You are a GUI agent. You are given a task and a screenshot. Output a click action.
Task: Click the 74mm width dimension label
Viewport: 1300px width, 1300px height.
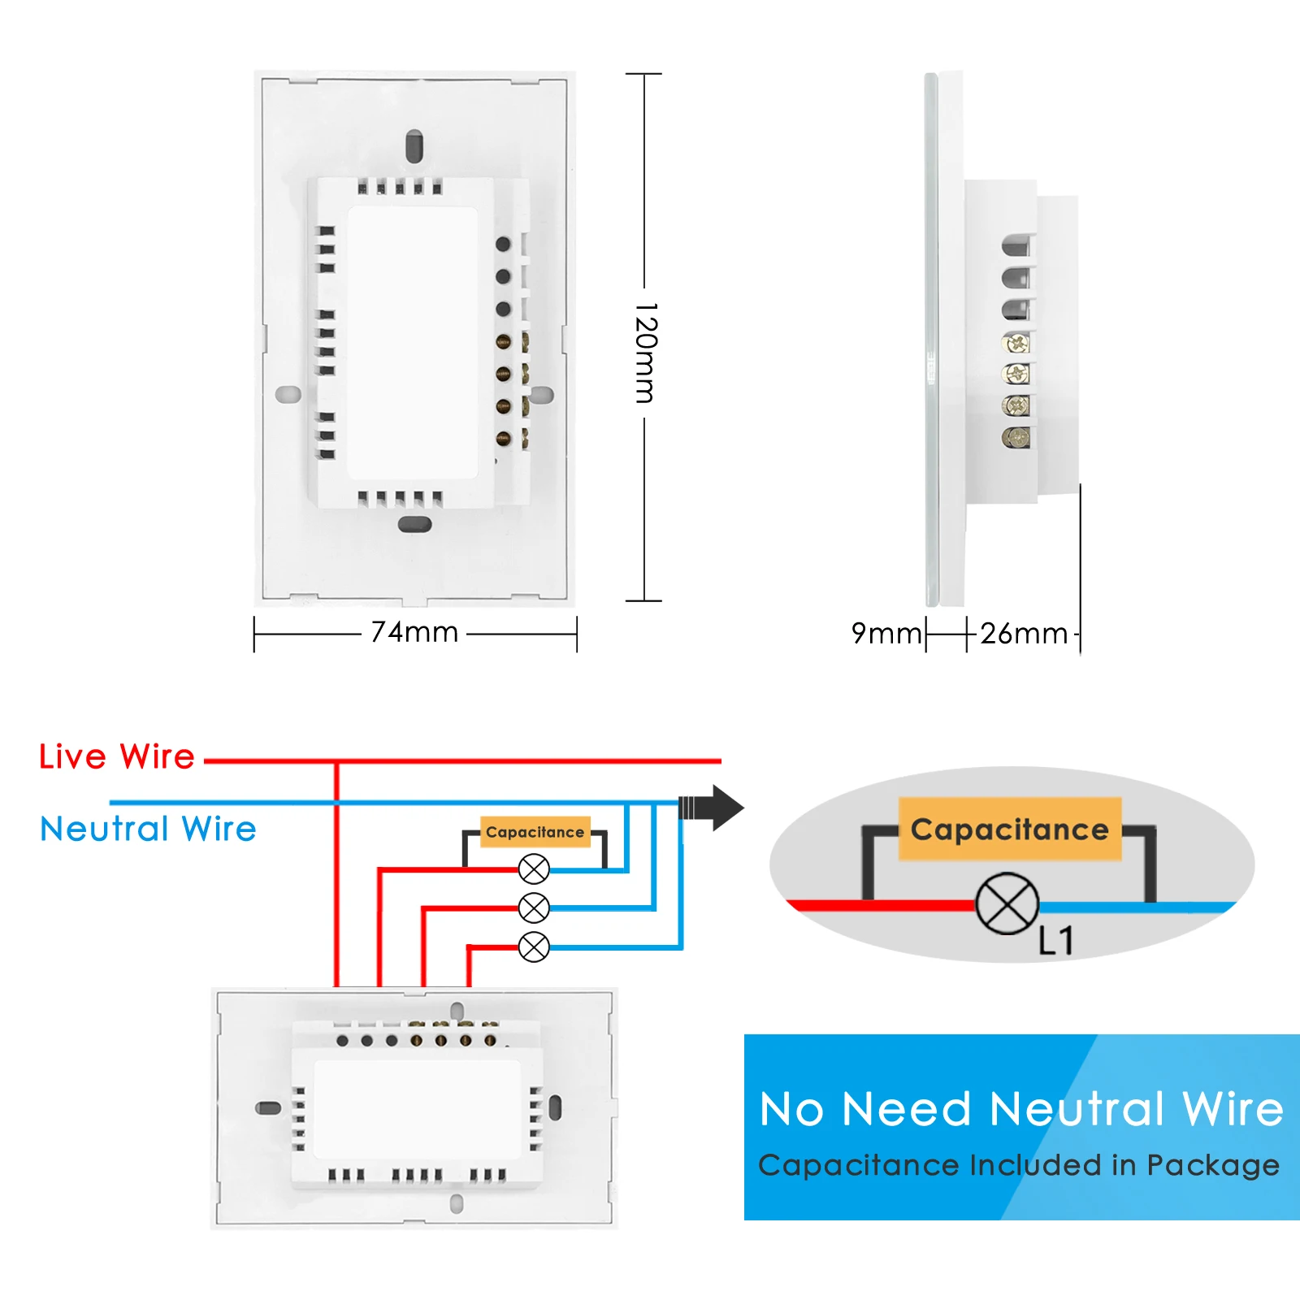tap(414, 632)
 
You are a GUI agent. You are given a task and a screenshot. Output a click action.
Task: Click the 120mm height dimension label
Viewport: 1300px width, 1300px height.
tap(645, 353)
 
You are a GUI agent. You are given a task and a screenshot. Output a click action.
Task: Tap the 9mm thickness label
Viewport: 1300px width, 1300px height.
tap(886, 633)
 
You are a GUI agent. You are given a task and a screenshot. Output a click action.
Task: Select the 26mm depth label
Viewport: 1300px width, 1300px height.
tap(1024, 634)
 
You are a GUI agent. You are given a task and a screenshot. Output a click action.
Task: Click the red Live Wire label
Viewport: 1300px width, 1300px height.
tap(117, 756)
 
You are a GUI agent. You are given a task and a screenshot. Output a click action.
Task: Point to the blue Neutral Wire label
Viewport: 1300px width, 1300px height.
tap(148, 829)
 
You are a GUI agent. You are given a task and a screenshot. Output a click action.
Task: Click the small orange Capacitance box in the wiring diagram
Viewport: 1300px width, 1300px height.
tap(535, 832)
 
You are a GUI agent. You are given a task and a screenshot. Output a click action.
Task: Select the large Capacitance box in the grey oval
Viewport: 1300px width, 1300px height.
tap(1009, 830)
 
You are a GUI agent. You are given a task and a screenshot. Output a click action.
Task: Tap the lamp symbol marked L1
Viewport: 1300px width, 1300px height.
tap(1007, 903)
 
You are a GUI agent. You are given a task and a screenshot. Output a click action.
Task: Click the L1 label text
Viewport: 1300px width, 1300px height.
tap(1056, 941)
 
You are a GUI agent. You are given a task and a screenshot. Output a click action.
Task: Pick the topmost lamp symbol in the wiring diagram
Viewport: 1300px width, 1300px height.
tap(534, 869)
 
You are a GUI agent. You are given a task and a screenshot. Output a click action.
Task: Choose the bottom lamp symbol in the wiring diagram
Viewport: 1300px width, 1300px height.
tap(534, 947)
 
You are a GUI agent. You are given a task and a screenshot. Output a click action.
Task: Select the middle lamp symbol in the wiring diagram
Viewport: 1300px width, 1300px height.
tap(534, 908)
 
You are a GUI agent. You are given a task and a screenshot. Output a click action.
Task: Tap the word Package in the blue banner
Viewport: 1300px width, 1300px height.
tap(1212, 1165)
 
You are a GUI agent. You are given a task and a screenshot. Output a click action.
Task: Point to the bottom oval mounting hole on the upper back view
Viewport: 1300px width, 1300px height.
tap(414, 524)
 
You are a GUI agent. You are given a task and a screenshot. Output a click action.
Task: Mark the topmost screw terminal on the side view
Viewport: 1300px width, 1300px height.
tap(1016, 343)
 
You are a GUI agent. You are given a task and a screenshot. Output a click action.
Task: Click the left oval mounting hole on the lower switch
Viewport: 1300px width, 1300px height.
tap(268, 1107)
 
